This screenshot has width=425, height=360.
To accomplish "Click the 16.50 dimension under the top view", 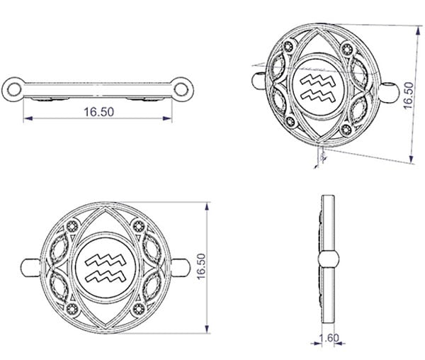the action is tap(98, 112).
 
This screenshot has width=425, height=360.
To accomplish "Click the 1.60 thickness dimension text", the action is tap(329, 338).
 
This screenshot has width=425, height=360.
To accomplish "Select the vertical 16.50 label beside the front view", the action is tap(201, 266).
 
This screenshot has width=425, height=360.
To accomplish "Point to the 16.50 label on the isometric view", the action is tap(409, 96).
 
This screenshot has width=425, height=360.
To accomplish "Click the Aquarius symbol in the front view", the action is tap(105, 268).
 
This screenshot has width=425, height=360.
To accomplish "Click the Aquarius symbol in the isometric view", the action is tap(318, 88).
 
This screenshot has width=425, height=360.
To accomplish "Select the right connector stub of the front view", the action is tap(181, 267).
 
